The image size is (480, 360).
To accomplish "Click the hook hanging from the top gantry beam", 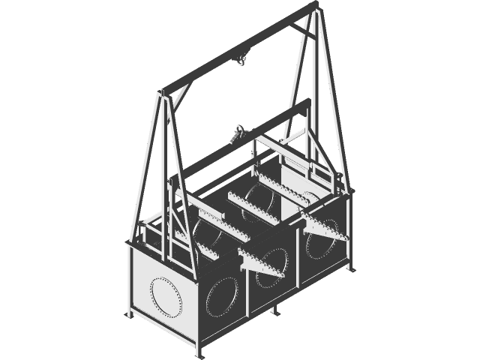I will [241, 59].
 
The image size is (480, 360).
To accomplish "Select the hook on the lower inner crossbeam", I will [238, 133].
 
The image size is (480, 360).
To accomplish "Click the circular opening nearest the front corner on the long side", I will [223, 297].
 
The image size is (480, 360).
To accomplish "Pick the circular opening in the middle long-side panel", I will [271, 273].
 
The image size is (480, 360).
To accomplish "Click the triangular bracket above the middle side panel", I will [262, 262].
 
